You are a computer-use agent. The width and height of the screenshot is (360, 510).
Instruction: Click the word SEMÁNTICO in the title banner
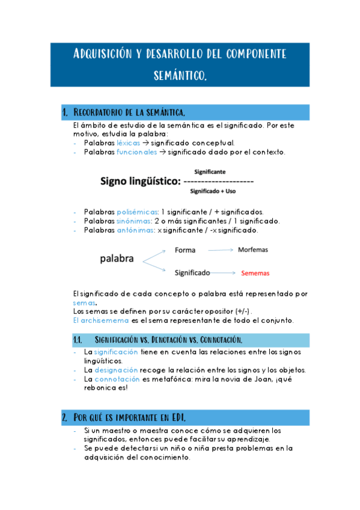pyautogui.click(x=180, y=76)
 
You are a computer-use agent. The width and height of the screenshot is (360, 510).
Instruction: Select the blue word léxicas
pyautogui.click(x=128, y=143)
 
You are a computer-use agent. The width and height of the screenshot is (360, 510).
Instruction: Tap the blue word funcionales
pyautogui.click(x=137, y=152)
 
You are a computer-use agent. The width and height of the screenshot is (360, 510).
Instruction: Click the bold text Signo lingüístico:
pyautogui.click(x=140, y=180)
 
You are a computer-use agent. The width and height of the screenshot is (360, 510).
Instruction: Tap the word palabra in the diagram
pyautogui.click(x=117, y=260)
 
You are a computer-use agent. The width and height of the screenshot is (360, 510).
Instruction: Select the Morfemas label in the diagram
pyautogui.click(x=252, y=249)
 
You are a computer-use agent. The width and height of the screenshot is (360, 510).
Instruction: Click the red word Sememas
pyautogui.click(x=255, y=274)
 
